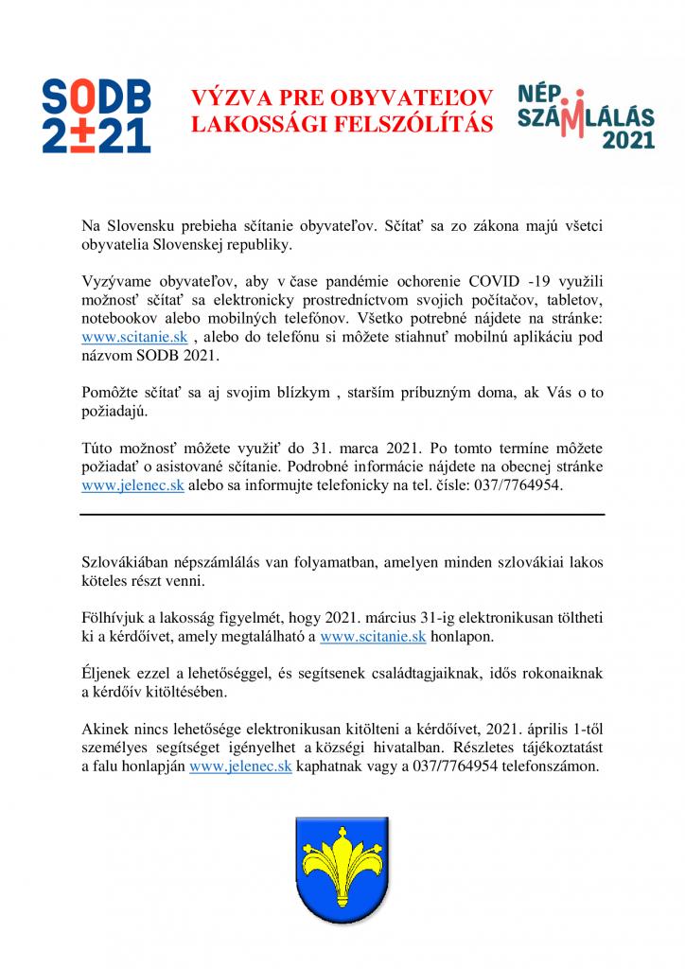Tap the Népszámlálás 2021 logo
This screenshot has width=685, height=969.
pyautogui.click(x=586, y=114)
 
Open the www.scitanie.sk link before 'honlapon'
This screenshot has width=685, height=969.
pyautogui.click(x=373, y=637)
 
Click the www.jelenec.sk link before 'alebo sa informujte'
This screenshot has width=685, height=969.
pyautogui.click(x=133, y=484)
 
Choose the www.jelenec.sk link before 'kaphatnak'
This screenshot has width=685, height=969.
pyautogui.click(x=240, y=767)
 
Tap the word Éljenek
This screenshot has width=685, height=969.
pyautogui.click(x=109, y=674)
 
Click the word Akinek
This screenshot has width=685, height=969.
pyautogui.click(x=107, y=730)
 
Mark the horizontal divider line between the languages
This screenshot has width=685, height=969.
pyautogui.click(x=342, y=514)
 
